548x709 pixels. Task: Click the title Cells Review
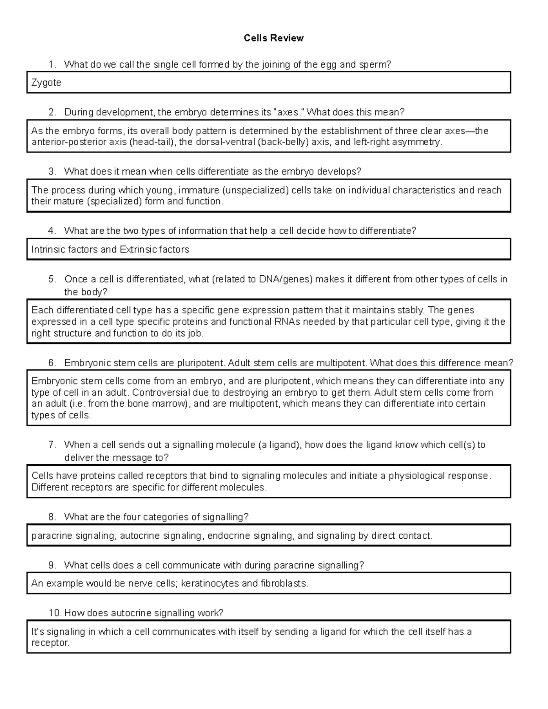click(274, 38)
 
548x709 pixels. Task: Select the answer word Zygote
click(46, 83)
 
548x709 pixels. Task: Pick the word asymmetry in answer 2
click(419, 142)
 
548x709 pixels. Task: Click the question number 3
click(52, 172)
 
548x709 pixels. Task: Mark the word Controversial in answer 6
click(160, 393)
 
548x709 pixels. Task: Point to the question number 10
click(54, 613)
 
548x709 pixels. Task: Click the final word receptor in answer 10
click(50, 643)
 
